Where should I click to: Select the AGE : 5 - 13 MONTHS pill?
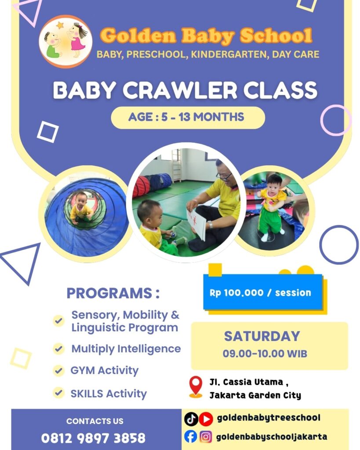[x=188, y=117]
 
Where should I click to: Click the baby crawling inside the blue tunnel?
[x=81, y=207]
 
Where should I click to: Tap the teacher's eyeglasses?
[x=224, y=176]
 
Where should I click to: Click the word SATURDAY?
[x=262, y=336]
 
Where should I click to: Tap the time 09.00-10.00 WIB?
[x=265, y=353]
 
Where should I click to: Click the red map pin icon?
[x=196, y=386]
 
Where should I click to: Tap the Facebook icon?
[x=191, y=436]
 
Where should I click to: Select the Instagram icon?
[x=206, y=436]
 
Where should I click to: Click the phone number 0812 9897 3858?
[x=93, y=438]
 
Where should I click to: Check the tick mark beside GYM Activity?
[x=58, y=370]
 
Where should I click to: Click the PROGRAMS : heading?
[x=113, y=293]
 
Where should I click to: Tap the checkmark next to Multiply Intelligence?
[x=58, y=349]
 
